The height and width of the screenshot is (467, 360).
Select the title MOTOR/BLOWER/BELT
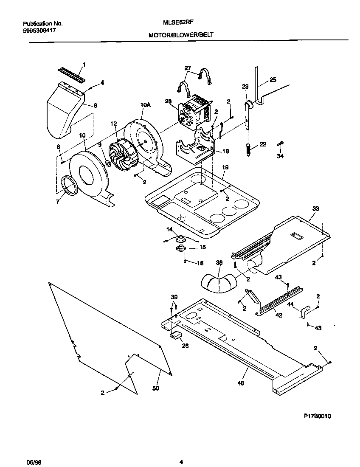[x=178, y=37]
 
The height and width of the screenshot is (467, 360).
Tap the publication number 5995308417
[x=39, y=31]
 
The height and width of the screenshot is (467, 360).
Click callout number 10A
[x=146, y=104]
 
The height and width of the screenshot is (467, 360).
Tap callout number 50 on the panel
[x=155, y=388]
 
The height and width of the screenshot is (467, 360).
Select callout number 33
[x=315, y=209]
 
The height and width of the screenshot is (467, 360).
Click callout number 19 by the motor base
[x=225, y=168]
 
